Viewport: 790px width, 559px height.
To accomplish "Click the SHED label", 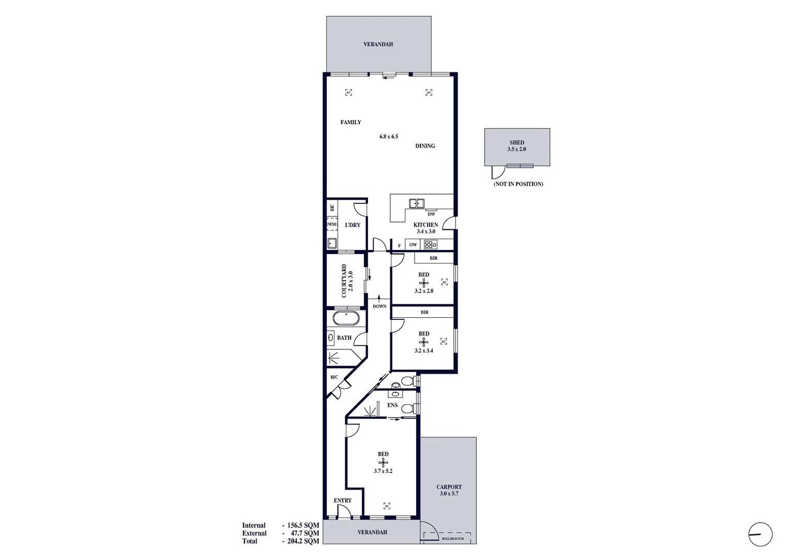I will point(516,142).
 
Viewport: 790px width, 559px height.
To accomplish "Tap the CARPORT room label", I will point(449,487).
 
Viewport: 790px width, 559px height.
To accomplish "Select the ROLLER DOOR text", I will point(452,539).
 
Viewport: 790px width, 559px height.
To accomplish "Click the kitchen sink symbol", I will point(416,203).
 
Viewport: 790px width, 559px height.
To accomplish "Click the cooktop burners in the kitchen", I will point(430,245).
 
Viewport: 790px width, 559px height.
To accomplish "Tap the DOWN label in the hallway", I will point(379,306).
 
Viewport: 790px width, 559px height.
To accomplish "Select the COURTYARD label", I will point(344,281).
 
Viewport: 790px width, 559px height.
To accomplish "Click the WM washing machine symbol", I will point(331,225).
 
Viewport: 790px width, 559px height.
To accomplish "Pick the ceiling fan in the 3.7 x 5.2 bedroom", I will point(383,463).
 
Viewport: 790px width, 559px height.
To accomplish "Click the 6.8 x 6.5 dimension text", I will point(389,137).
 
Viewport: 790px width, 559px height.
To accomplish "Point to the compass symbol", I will point(760,534).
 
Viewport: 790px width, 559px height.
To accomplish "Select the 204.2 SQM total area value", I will point(303,541).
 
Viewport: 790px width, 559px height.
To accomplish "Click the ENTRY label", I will point(342,501).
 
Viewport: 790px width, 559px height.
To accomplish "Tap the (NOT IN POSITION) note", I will point(518,184).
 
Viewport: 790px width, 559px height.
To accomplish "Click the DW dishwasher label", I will point(431,214).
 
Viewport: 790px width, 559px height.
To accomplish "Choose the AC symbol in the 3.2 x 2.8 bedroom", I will point(444,282).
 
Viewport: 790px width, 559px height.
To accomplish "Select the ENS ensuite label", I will point(392,405).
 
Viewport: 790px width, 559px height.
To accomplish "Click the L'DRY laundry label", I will point(352,225).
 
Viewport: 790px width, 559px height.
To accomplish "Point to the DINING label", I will point(425,146).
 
